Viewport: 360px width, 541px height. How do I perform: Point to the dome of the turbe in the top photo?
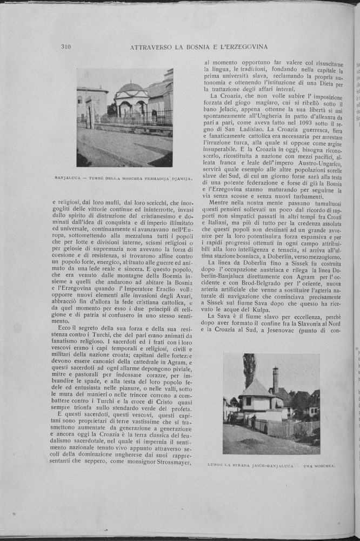pos(131,87)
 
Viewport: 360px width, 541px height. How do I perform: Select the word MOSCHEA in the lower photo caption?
pos(322,465)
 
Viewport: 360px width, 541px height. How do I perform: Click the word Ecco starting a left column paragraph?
pos(66,328)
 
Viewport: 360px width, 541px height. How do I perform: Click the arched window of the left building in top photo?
pos(80,100)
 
